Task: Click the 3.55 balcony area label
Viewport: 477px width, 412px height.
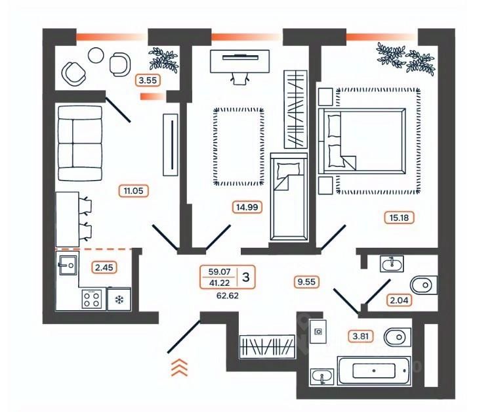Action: (x=148, y=80)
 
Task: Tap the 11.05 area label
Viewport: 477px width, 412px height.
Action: (x=134, y=191)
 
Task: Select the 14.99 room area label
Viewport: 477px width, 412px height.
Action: (x=247, y=207)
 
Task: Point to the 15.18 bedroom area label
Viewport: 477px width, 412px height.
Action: (x=399, y=218)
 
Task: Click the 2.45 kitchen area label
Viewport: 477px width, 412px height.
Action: (x=104, y=267)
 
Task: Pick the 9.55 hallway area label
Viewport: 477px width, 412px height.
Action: (x=306, y=282)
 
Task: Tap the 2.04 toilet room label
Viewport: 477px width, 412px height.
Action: (x=399, y=300)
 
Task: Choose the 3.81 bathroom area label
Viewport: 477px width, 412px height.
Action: (x=360, y=336)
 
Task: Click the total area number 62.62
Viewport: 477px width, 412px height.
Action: (x=228, y=296)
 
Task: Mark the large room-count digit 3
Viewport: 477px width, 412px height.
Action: (x=246, y=277)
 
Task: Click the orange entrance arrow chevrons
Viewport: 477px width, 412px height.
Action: (x=180, y=367)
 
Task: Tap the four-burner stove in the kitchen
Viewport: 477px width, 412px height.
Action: (x=92, y=299)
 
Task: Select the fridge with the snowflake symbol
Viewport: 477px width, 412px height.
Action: (x=119, y=299)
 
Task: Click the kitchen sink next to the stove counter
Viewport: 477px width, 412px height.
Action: (x=68, y=265)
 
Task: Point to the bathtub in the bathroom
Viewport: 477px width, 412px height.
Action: (x=374, y=371)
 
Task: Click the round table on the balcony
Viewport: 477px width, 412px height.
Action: (x=96, y=55)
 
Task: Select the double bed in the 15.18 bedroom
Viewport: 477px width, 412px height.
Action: (x=362, y=141)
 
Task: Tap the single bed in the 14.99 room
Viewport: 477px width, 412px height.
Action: (x=289, y=197)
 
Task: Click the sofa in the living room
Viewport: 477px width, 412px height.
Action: (x=79, y=143)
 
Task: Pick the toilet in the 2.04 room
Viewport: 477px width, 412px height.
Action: (x=424, y=285)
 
